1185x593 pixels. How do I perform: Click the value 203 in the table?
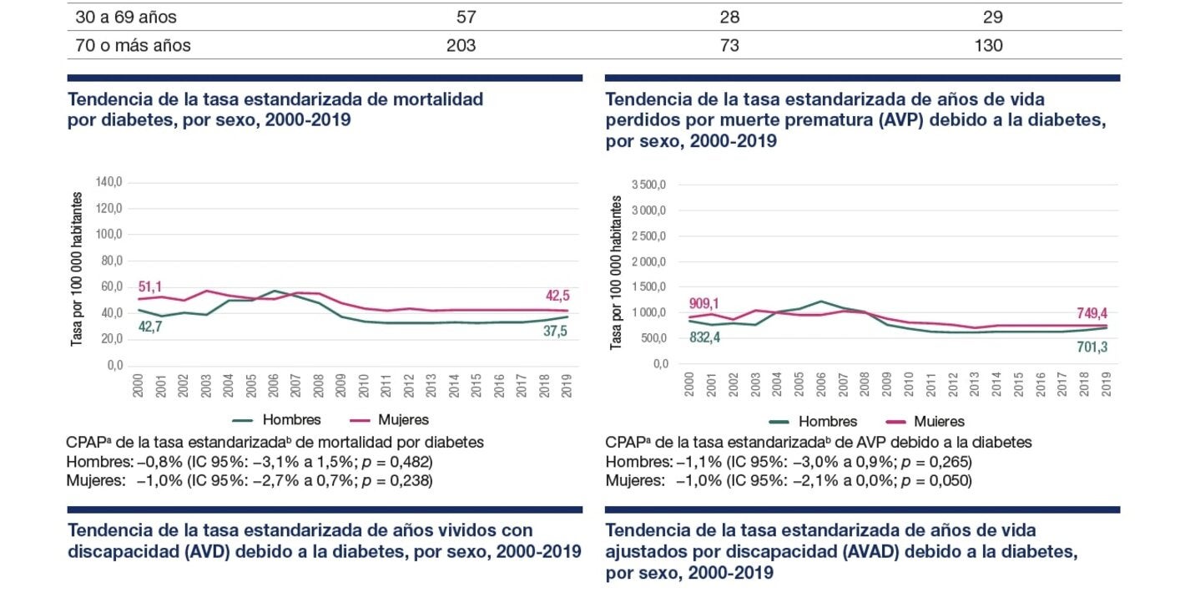(461, 45)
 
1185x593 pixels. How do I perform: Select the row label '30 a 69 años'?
(126, 17)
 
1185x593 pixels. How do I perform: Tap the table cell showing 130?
(988, 45)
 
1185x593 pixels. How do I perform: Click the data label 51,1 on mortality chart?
(150, 287)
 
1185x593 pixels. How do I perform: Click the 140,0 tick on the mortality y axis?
(109, 182)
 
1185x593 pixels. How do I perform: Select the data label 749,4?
(1089, 312)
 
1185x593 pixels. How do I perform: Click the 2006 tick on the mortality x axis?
(274, 385)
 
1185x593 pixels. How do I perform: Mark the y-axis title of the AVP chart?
(617, 272)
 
